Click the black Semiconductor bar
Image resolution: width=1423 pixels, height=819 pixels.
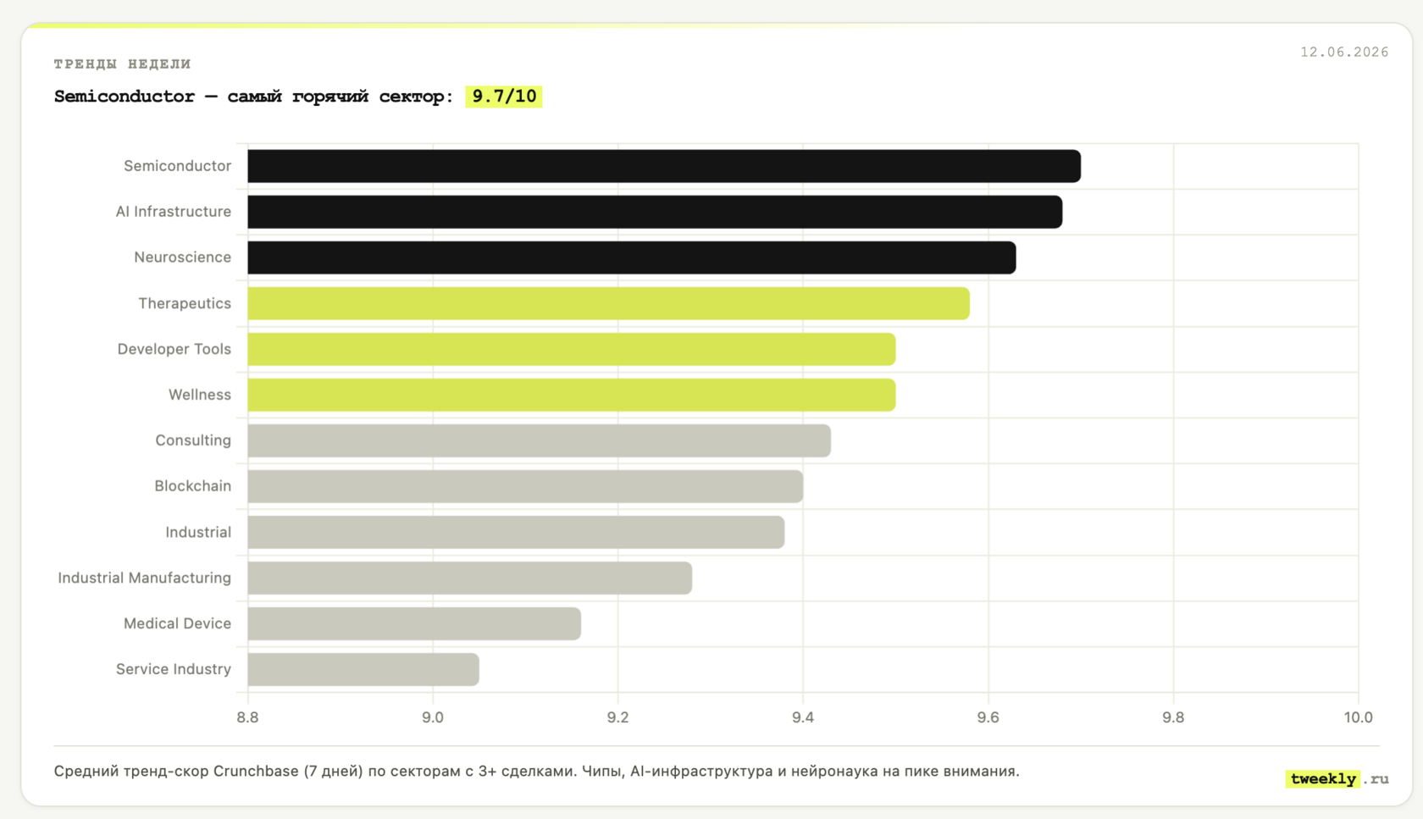coord(664,166)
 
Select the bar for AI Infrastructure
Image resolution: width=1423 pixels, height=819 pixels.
coord(655,212)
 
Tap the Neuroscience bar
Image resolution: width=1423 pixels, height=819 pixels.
coord(632,257)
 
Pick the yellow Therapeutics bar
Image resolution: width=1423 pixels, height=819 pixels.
coord(608,303)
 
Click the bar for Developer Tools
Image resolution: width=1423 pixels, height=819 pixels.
coord(572,349)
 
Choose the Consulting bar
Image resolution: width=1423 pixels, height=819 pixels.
coord(540,440)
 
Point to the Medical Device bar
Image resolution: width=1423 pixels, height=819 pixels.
coord(414,623)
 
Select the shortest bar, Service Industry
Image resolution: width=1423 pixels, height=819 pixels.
coord(363,669)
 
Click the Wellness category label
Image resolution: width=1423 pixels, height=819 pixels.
coord(200,395)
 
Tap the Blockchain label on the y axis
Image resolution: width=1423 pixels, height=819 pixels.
coord(192,486)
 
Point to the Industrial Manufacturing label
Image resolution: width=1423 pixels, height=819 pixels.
coord(144,578)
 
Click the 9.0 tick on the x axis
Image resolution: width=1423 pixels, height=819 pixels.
coord(433,717)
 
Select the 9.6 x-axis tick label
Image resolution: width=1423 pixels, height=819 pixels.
coord(988,717)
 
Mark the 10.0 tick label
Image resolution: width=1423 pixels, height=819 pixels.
coord(1358,717)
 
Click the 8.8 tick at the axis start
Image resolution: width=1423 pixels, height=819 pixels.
coord(247,717)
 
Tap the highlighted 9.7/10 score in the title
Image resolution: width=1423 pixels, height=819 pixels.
coord(504,97)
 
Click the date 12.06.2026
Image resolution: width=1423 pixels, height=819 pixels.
coord(1344,53)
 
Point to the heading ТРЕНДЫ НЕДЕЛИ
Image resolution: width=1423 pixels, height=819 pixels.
coord(123,64)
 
